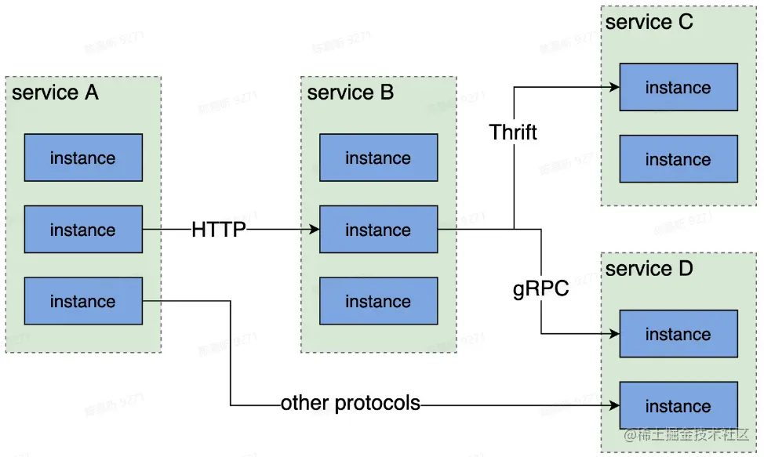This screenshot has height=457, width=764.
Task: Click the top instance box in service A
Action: (83, 158)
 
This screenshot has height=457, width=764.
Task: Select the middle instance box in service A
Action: (83, 230)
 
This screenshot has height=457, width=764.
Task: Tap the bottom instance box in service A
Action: (83, 301)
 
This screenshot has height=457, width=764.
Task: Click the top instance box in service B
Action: (378, 158)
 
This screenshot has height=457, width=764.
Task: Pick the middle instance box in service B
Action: (378, 230)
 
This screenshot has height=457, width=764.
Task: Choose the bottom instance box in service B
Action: (378, 301)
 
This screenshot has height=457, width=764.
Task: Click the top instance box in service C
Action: (678, 88)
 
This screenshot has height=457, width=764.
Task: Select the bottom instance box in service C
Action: (678, 159)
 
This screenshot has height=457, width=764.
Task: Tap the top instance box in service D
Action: (678, 334)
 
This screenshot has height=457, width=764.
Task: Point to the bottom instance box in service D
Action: (678, 406)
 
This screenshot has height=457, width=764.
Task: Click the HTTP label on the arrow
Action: (219, 230)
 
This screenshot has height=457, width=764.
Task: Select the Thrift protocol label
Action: (513, 132)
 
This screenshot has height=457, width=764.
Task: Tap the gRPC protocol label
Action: (540, 289)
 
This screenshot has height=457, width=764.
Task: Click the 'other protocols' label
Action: (351, 404)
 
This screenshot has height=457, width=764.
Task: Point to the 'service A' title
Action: (56, 92)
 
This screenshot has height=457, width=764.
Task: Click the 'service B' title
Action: (351, 92)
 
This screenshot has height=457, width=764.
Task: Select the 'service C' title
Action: (649, 22)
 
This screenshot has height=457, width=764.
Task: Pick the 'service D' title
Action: (649, 269)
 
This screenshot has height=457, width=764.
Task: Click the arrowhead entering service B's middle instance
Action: (315, 230)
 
